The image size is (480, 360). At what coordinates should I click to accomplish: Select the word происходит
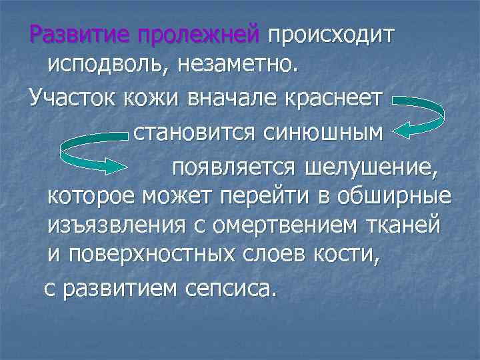332,34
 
